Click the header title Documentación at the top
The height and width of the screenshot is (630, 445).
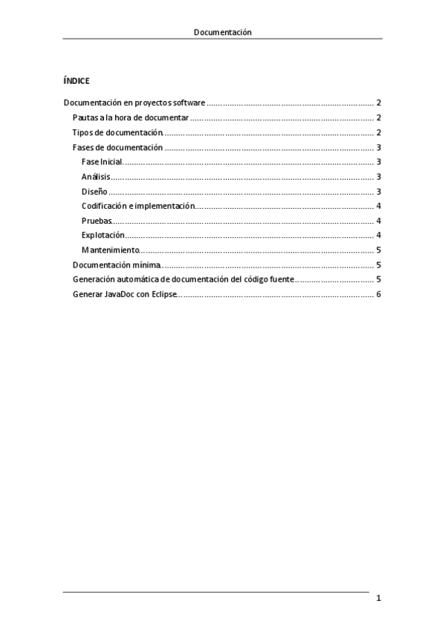pos(222,32)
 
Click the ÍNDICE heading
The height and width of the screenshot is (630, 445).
pos(77,80)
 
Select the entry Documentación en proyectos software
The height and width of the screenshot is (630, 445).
pos(134,103)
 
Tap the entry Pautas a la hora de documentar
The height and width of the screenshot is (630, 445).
pos(131,118)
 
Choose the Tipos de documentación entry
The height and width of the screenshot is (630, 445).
pos(117,132)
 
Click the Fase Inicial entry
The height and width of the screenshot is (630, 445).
pos(102,162)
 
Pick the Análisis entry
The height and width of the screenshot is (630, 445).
pos(96,177)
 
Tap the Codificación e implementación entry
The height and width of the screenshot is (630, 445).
pos(138,206)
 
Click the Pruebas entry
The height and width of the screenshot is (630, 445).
pos(97,221)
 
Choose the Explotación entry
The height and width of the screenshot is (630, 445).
pos(103,236)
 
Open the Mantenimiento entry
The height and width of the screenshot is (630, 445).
pos(110,250)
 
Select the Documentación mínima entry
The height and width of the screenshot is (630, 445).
pos(117,264)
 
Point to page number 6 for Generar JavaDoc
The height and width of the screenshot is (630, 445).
pos(379,294)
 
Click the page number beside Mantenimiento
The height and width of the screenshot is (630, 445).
pos(379,250)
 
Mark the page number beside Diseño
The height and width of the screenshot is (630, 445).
pos(379,192)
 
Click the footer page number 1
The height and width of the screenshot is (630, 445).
pos(379,598)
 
